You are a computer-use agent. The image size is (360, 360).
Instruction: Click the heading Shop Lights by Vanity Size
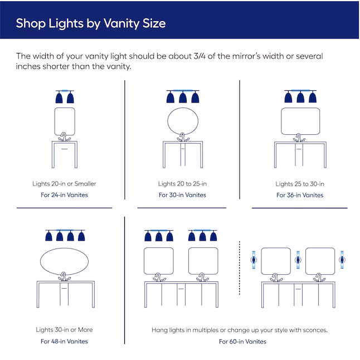90,23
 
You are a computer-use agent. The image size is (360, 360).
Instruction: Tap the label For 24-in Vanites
64,195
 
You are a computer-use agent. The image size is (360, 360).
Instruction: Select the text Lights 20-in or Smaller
64,183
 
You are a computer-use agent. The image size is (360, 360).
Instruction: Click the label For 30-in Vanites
182,195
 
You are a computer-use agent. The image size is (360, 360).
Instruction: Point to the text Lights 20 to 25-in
182,183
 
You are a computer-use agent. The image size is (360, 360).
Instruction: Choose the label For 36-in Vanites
300,195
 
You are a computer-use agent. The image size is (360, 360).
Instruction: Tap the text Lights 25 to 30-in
300,183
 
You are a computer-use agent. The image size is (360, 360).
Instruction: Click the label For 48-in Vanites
64,341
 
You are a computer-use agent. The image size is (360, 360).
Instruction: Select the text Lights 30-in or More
64,329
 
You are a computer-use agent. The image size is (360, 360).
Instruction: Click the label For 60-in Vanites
242,341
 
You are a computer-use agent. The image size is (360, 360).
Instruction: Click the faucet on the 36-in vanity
300,138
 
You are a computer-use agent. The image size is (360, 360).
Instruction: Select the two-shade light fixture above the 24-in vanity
64,96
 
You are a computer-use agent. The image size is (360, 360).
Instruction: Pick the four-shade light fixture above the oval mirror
64,235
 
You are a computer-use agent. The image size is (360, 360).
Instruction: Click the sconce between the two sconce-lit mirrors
298,260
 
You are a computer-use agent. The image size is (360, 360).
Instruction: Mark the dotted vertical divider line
239,279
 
